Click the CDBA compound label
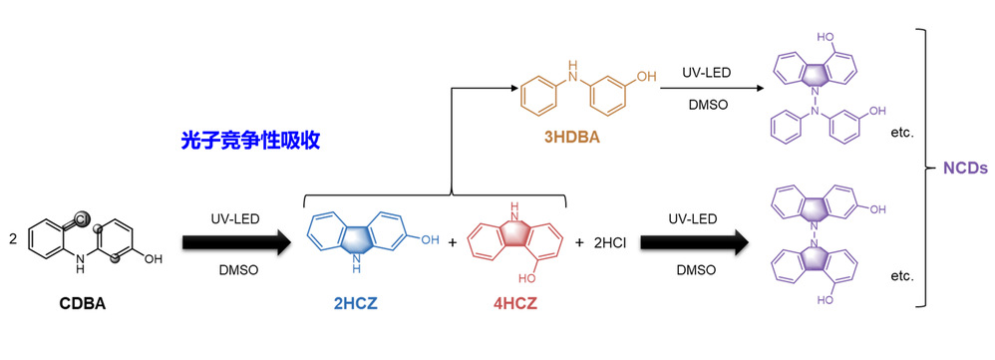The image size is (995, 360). (83, 304)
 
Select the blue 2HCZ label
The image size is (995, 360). (355, 304)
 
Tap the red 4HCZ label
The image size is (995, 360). (515, 304)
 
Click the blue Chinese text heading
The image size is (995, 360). (250, 141)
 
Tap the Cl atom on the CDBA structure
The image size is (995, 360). (83, 219)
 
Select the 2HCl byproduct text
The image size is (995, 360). (609, 242)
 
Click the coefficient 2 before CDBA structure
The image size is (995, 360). (13, 239)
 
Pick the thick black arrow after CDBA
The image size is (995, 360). (236, 243)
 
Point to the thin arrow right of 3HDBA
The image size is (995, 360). (711, 88)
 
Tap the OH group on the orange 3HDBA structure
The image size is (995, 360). (646, 77)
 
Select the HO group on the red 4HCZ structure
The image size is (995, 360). (528, 278)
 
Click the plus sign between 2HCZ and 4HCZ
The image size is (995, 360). (453, 242)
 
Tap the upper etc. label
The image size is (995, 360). (902, 134)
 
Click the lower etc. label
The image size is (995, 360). (902, 276)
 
